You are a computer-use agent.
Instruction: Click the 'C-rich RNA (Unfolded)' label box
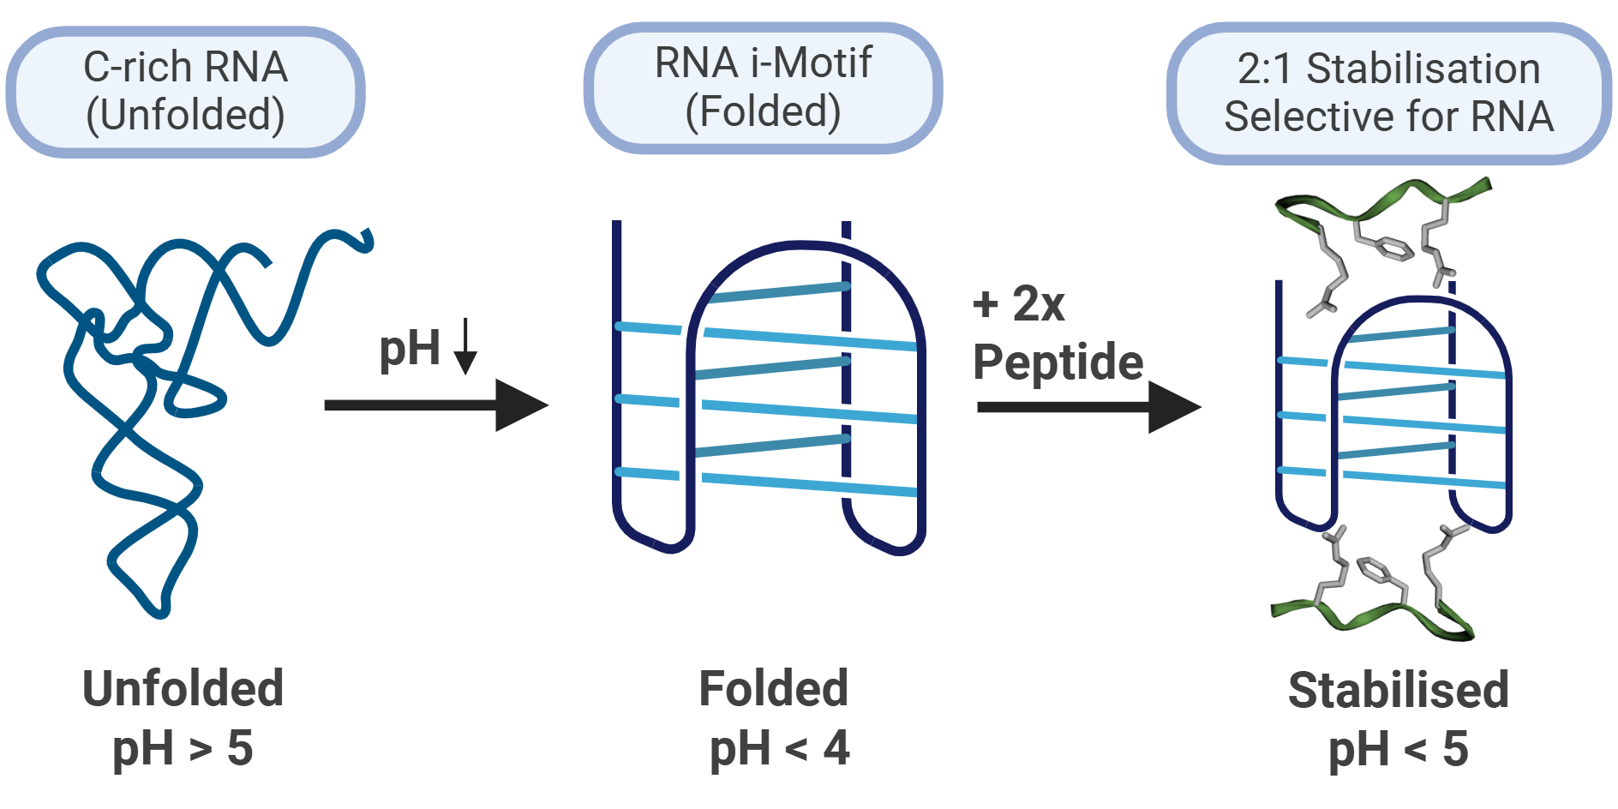pyautogui.click(x=185, y=92)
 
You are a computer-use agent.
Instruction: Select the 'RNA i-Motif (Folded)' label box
pyautogui.click(x=763, y=87)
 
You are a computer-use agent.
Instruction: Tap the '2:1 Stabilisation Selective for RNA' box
pyautogui.click(x=1388, y=93)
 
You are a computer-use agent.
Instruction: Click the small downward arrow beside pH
pyautogui.click(x=465, y=346)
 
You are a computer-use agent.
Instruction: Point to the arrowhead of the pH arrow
pyautogui.click(x=521, y=405)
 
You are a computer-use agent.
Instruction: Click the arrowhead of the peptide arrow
pyautogui.click(x=1174, y=407)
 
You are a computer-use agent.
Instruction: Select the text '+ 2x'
pyautogui.click(x=1018, y=303)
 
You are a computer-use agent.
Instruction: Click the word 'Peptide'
pyautogui.click(x=1058, y=362)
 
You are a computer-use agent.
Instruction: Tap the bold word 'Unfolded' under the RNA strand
pyautogui.click(x=183, y=688)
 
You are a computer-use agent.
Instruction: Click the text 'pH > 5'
pyautogui.click(x=183, y=747)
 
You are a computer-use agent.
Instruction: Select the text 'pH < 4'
pyautogui.click(x=778, y=747)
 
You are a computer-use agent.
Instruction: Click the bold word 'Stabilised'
pyautogui.click(x=1398, y=690)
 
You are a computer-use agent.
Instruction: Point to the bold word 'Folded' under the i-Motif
pyautogui.click(x=773, y=688)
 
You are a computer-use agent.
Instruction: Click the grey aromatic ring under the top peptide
pyautogui.click(x=1393, y=249)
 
